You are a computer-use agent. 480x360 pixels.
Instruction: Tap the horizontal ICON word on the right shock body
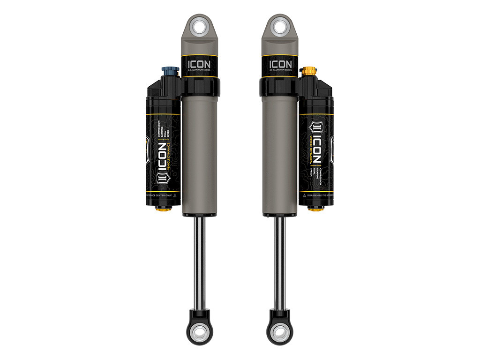pos(280,64)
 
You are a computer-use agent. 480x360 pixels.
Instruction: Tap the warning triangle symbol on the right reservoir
pos(304,193)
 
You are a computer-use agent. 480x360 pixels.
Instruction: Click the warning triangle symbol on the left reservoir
pos(174,193)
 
